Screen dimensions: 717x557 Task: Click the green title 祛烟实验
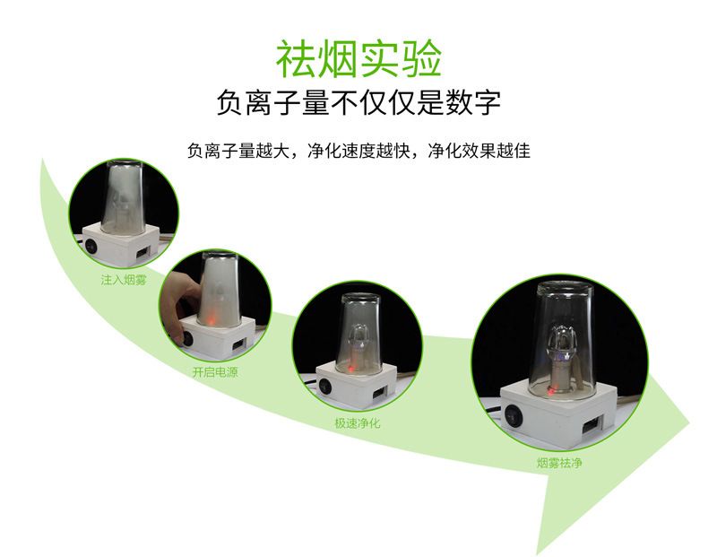coord(359,59)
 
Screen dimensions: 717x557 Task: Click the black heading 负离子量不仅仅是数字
coord(358,102)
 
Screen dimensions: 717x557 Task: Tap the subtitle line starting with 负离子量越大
coord(358,151)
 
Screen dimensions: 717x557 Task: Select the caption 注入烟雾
coord(124,280)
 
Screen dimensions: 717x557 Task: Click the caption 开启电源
coord(215,371)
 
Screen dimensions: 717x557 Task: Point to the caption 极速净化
coord(358,422)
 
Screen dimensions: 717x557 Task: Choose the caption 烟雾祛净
coord(559,463)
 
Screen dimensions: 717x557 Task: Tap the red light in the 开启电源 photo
coord(212,318)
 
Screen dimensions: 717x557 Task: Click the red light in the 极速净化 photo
coord(351,368)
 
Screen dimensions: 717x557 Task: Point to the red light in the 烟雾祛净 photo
coord(551,392)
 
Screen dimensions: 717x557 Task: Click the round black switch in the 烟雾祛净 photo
coord(513,415)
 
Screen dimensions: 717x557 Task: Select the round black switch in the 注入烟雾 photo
coord(92,245)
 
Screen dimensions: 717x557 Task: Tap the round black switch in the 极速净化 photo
coord(325,386)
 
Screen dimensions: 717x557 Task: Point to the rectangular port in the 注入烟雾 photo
coord(143,251)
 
